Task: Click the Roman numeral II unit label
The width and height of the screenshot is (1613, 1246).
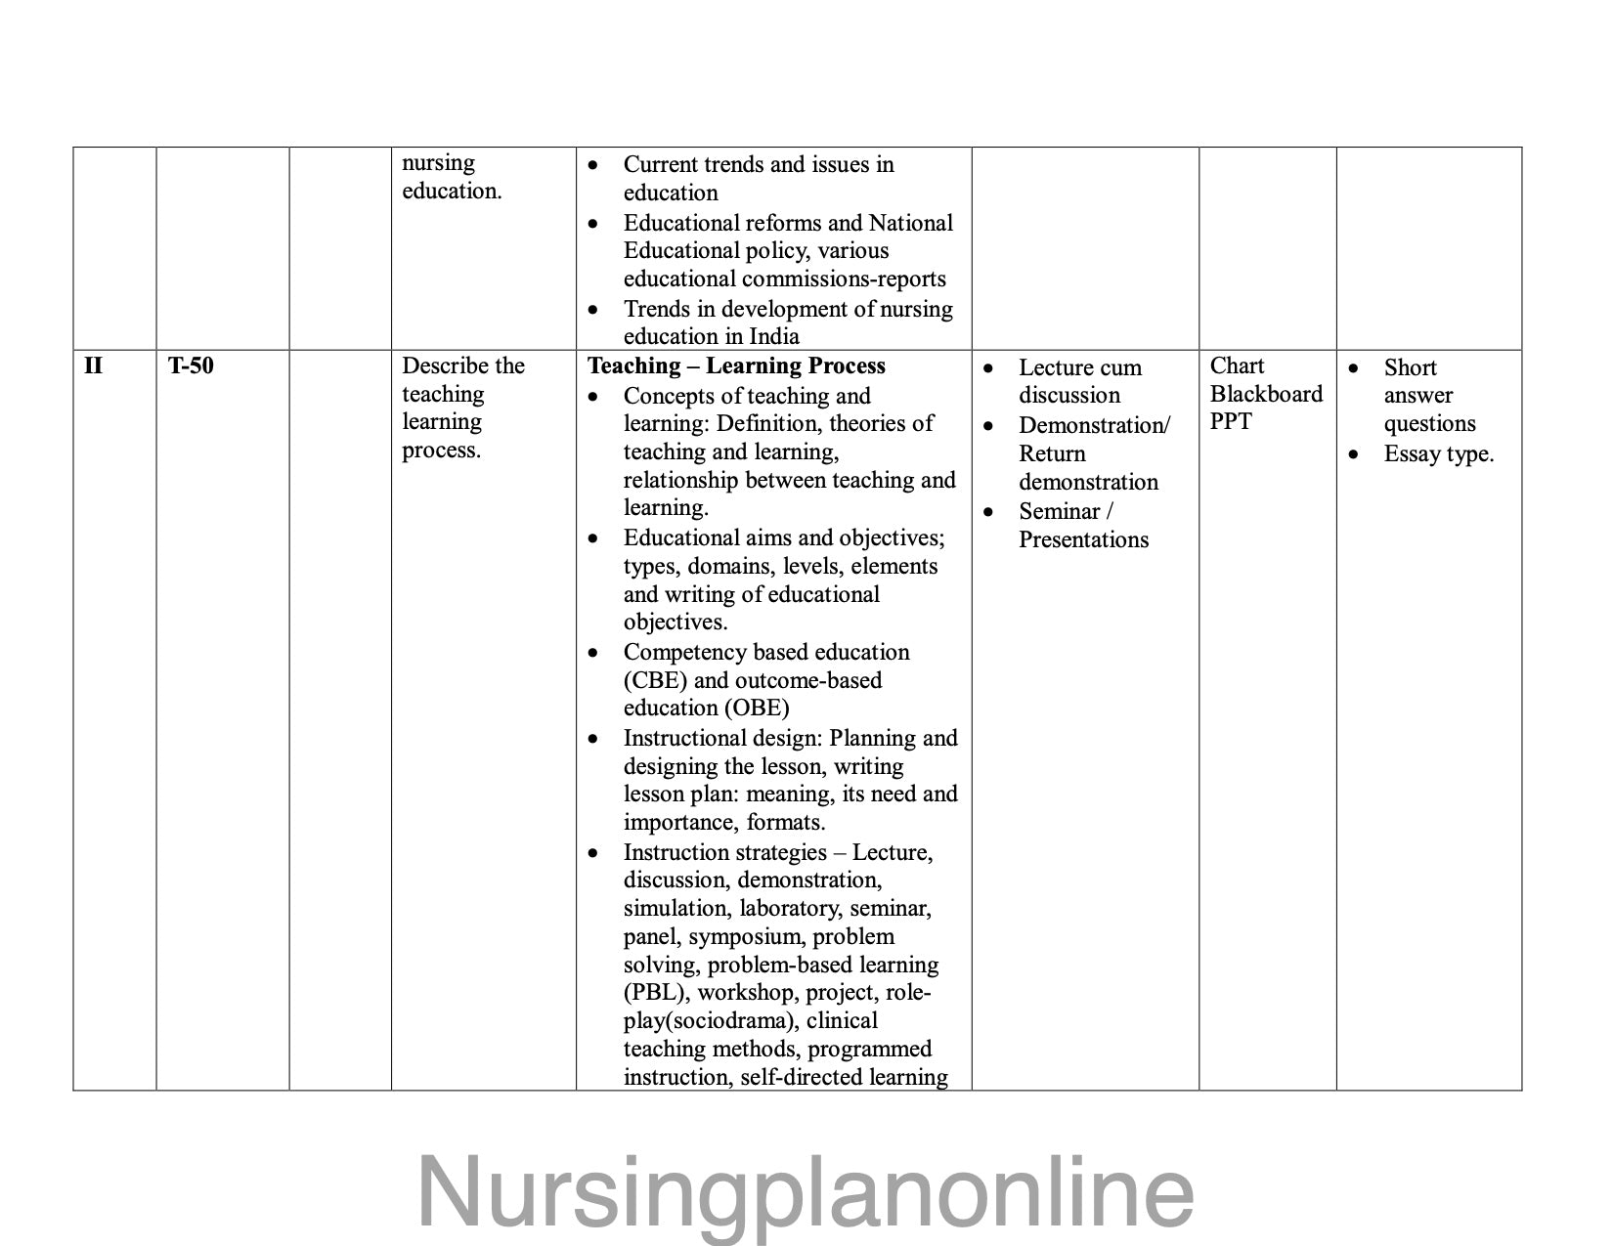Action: tap(93, 366)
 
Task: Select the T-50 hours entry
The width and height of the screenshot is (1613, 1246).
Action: tap(191, 366)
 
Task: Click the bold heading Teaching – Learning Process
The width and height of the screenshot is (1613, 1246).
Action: tap(736, 366)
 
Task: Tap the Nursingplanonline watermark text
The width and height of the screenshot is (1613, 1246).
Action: tap(806, 1191)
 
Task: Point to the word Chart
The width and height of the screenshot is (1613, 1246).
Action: tap(1237, 366)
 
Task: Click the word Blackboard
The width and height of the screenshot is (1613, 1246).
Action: tap(1266, 394)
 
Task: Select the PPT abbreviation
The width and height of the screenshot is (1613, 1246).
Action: tap(1230, 422)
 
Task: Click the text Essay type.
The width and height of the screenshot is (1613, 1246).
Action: tap(1438, 454)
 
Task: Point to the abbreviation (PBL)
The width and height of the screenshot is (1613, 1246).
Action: tap(657, 993)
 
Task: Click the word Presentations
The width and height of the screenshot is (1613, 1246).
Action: tap(1083, 540)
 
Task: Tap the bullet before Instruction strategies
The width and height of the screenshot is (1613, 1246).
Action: tap(593, 854)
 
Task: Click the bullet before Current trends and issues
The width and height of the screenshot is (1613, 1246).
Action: tap(593, 166)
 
